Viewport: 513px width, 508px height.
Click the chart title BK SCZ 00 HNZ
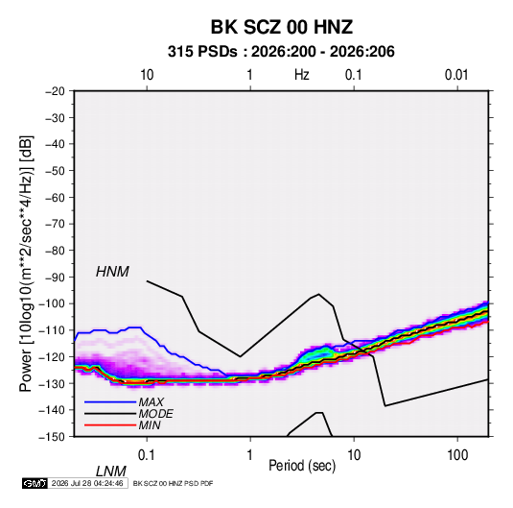[281, 27]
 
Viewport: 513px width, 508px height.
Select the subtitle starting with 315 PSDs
[281, 52]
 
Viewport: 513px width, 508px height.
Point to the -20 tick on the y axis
[55, 91]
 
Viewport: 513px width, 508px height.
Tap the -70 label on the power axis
[55, 224]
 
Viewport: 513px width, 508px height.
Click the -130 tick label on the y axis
[52, 383]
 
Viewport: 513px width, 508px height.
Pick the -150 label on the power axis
[52, 437]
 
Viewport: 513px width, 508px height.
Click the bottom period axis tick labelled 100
[457, 455]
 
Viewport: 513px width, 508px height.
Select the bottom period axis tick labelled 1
[250, 455]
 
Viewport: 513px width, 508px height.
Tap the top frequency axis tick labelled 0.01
[456, 75]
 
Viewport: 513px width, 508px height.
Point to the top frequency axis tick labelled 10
[147, 75]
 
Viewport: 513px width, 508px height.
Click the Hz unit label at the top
[302, 75]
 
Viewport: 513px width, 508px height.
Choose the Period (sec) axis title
[302, 466]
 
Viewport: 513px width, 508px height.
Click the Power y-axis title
[26, 264]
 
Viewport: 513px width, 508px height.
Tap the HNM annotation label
[112, 272]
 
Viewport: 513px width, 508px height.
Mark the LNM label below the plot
[110, 472]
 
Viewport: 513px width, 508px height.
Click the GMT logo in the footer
[35, 483]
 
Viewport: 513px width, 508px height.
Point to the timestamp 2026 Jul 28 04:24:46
[87, 483]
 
